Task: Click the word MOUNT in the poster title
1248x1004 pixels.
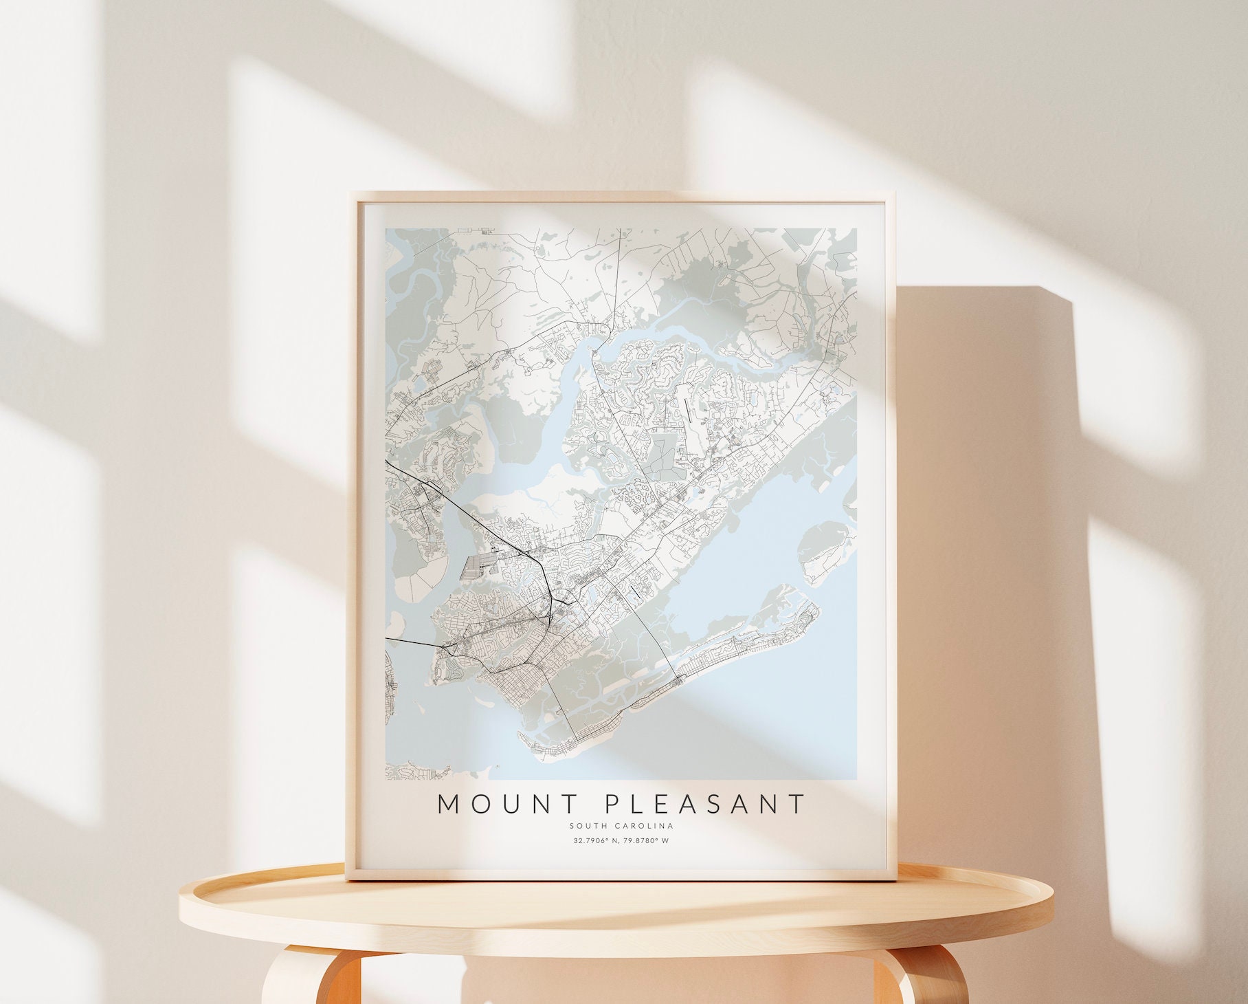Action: point(500,804)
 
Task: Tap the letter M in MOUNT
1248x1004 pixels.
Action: point(449,804)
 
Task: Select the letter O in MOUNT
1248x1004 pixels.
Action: point(477,804)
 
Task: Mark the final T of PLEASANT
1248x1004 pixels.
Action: point(797,804)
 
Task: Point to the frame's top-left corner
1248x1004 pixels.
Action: point(351,195)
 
